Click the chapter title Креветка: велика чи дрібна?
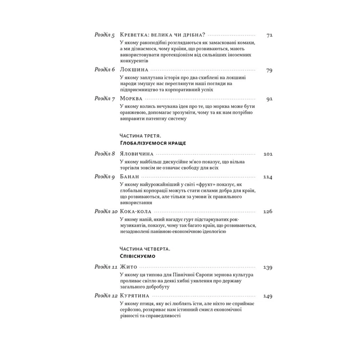coord(163,35)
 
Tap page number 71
coord(269,35)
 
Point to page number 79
coord(269,70)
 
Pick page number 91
coord(269,98)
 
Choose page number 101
coord(268,154)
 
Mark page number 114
coord(268,177)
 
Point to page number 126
coord(268,211)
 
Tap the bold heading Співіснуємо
coord(138,258)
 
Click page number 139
coord(268,267)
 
